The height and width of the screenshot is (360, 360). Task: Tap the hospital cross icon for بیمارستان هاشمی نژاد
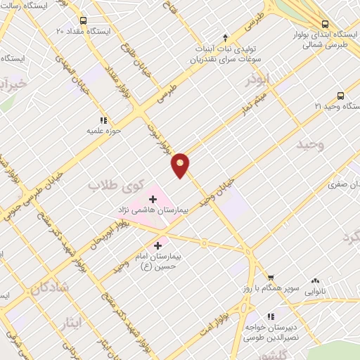(x=153, y=199)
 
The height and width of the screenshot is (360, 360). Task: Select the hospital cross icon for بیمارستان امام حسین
(x=157, y=246)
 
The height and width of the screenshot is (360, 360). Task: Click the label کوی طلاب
(x=115, y=186)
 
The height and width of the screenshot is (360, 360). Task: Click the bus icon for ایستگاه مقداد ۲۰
(x=84, y=20)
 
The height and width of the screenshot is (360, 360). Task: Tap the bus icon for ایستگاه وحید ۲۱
(x=340, y=96)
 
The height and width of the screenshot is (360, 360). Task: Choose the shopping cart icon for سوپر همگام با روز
(x=271, y=278)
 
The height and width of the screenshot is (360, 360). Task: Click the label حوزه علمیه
(x=104, y=131)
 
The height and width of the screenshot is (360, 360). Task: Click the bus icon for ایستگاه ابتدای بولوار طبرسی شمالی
(x=325, y=22)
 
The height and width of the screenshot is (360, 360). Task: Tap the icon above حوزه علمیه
(x=104, y=120)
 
